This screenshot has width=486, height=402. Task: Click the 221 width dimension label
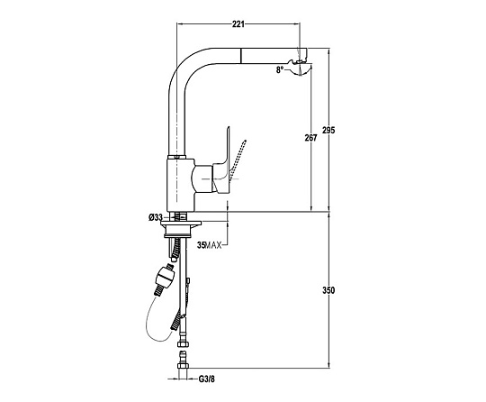coord(238,24)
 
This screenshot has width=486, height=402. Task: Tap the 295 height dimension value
coord(328,130)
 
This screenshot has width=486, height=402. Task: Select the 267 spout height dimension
coord(310,138)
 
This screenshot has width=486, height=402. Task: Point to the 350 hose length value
coord(328,290)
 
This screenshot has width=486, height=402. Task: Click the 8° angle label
coord(280,70)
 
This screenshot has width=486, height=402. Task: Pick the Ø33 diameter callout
coord(156,218)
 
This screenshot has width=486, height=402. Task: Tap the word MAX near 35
coord(213,245)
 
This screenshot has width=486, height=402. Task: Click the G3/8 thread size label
coord(206,379)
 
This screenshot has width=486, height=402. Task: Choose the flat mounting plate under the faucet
coord(181,223)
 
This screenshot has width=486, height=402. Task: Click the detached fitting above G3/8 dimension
coord(183,361)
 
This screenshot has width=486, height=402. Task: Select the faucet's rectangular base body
coord(181,186)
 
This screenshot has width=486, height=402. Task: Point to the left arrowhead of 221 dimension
coord(179,24)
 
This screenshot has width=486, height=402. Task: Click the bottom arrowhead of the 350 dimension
coord(328,365)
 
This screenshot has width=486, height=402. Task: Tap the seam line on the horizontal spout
coord(240,56)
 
